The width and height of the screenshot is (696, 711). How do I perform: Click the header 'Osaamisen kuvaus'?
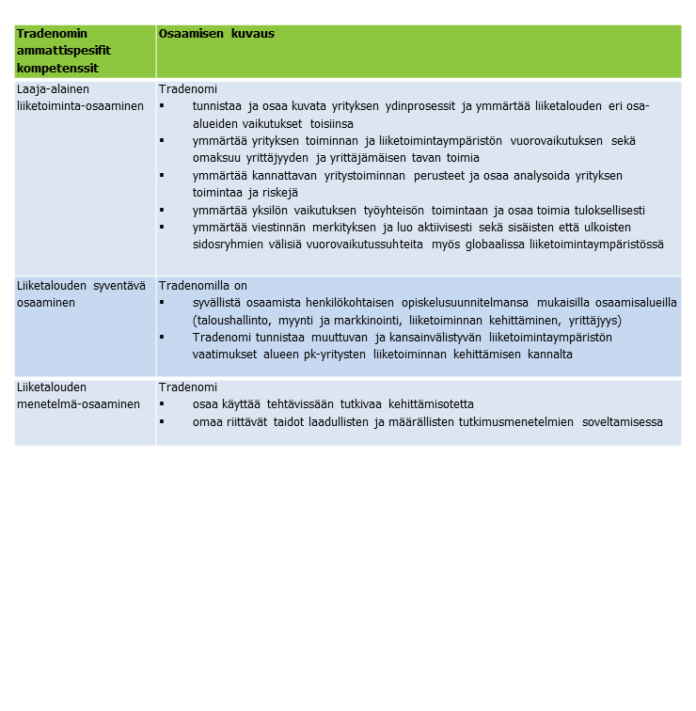tap(216, 33)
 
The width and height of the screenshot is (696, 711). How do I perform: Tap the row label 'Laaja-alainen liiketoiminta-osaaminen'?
tap(80, 97)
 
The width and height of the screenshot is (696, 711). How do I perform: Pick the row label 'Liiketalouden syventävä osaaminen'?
tap(80, 293)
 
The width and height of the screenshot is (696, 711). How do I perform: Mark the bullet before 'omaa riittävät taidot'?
tap(162, 422)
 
